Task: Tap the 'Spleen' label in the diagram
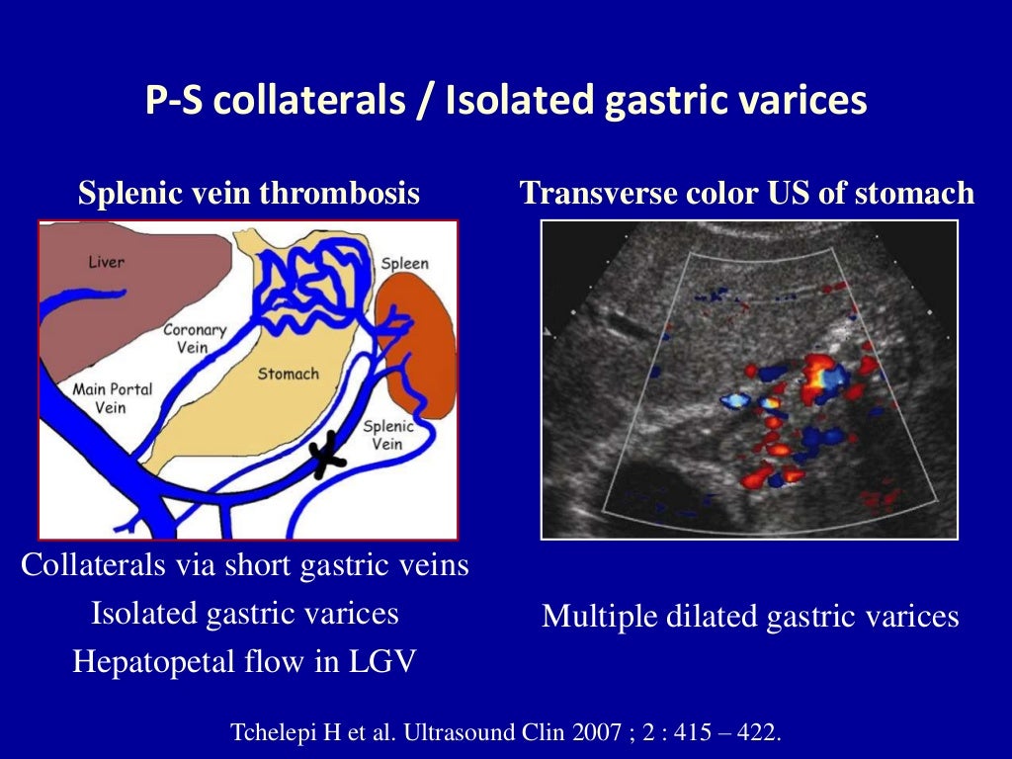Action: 405,263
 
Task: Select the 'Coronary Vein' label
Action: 195,339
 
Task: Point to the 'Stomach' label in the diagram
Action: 289,374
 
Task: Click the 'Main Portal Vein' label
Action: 112,398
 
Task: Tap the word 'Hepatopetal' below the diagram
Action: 154,661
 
